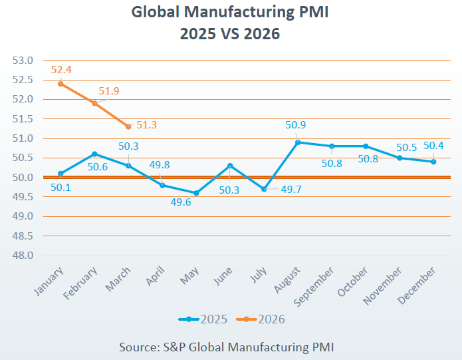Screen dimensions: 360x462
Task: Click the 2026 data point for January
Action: (60, 84)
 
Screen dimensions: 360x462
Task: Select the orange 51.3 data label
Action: (147, 124)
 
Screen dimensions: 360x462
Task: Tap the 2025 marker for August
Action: (298, 142)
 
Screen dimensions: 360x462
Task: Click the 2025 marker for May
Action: (196, 193)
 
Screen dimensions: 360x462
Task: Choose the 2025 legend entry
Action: (203, 319)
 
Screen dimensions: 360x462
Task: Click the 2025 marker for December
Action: (433, 162)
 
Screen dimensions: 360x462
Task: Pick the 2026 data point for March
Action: (128, 126)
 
